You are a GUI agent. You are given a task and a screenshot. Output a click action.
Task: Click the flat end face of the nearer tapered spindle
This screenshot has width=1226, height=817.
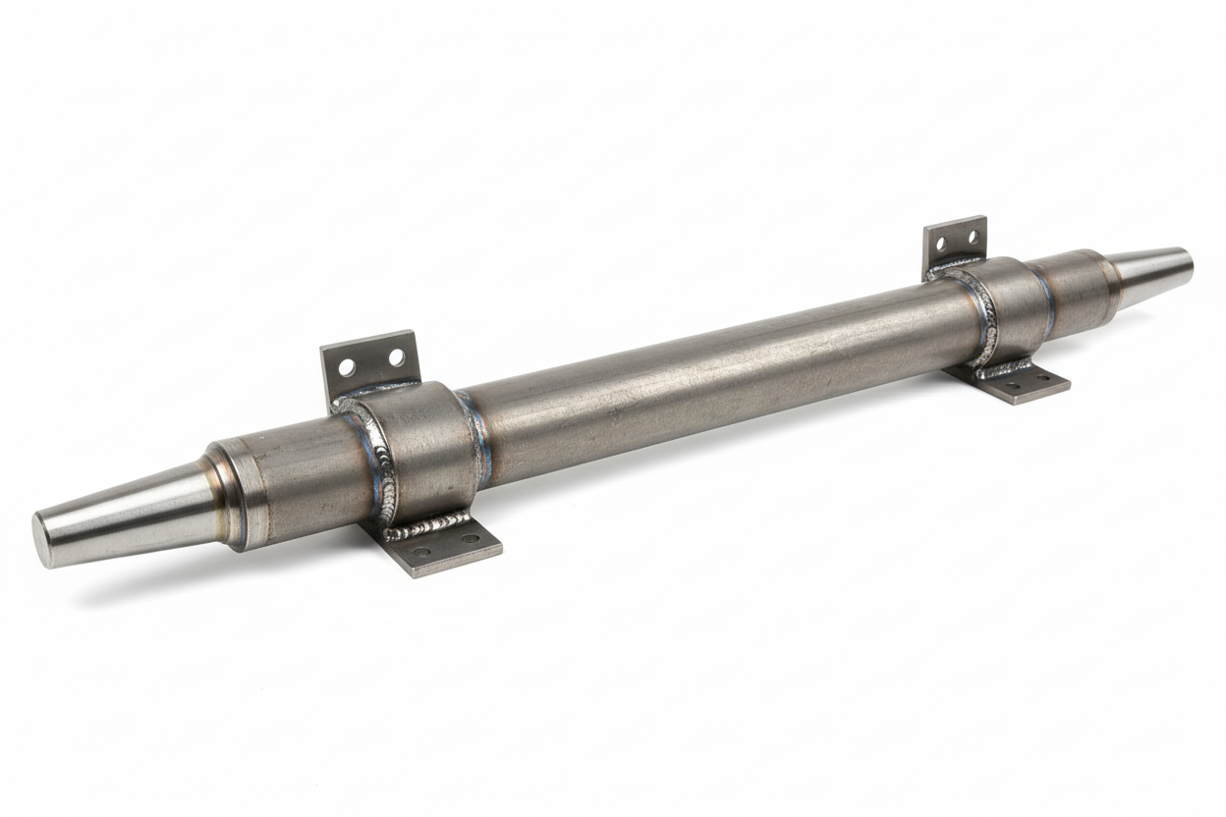(x=45, y=540)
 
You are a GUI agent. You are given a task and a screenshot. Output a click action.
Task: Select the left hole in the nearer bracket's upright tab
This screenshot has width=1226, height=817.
(x=347, y=367)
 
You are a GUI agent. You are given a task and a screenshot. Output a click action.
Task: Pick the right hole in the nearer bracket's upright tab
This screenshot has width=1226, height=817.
(x=397, y=357)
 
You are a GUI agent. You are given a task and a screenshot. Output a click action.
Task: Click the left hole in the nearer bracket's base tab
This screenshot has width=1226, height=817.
(x=421, y=552)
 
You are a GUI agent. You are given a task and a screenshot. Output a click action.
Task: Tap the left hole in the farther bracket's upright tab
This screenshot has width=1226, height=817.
(x=941, y=243)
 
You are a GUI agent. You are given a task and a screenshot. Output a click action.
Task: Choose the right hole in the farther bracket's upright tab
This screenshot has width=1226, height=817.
(x=973, y=236)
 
